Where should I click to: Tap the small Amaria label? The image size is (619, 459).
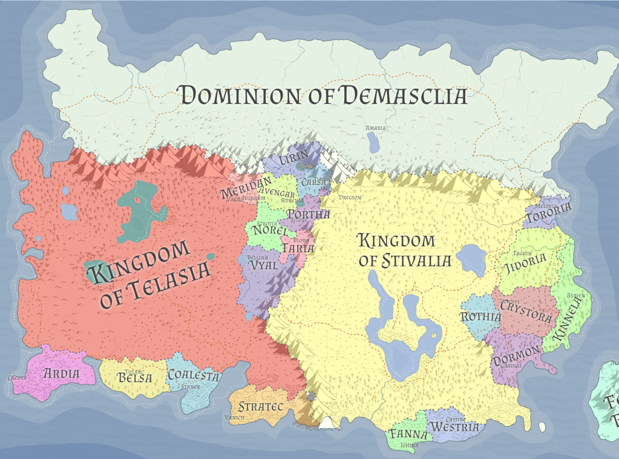375,128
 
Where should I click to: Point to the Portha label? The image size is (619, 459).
309,215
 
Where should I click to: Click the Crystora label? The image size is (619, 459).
526,316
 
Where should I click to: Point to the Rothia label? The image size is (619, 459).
480,317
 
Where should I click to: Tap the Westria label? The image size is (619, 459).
454,427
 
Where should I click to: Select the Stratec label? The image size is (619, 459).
261,406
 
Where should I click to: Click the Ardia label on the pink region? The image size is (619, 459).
61,373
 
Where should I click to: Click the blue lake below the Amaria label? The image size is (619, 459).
373,142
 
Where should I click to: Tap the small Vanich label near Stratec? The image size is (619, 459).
234,417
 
